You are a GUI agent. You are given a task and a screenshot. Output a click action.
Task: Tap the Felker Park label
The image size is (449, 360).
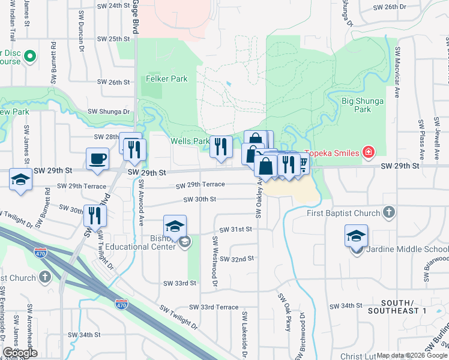click(166, 79)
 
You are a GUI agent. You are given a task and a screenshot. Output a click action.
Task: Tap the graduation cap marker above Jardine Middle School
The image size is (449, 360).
click(356, 236)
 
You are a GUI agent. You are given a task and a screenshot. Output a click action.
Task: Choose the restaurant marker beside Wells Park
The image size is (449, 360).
click(221, 146)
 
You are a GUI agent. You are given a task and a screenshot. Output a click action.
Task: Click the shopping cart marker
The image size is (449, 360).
click(302, 162)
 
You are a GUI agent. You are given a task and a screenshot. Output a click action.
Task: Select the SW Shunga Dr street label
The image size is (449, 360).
click(109, 112)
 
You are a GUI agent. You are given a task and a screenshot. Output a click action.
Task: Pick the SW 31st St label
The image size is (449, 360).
click(236, 229)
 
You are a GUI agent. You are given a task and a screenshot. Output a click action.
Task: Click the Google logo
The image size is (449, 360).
click(19, 353)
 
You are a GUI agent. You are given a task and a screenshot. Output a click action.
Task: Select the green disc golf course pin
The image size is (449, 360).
click(31, 57)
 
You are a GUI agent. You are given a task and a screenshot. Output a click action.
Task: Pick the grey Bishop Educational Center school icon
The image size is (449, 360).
click(185, 242)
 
